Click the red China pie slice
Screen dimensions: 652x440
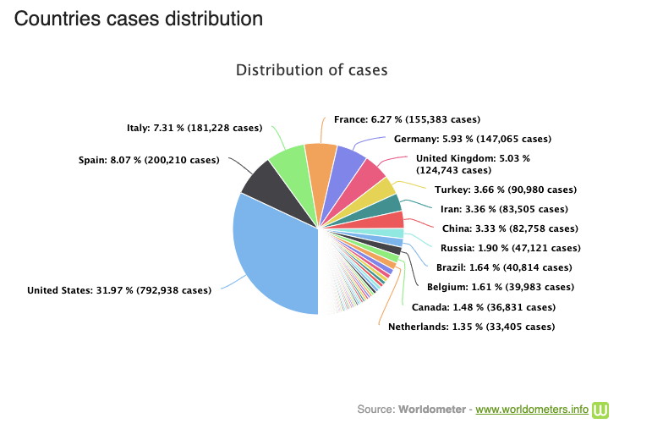tap(381, 220)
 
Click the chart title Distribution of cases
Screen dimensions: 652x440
tap(312, 70)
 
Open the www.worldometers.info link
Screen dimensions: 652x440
tap(532, 410)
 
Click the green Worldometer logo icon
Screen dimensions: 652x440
tap(600, 410)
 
